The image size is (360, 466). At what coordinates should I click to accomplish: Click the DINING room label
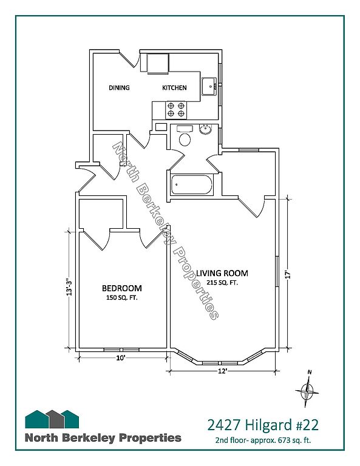click(119, 87)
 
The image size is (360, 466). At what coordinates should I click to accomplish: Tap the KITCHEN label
click(174, 87)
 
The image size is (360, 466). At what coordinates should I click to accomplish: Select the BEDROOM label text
click(122, 288)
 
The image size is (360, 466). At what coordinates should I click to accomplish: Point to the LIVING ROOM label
click(222, 273)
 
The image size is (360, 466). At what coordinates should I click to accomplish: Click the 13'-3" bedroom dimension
click(69, 287)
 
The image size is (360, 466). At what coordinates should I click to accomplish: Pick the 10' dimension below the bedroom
click(120, 358)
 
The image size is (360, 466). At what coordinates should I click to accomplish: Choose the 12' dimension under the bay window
click(222, 371)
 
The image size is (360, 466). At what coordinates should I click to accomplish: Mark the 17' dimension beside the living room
click(287, 274)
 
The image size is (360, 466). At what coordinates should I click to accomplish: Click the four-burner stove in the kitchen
click(175, 109)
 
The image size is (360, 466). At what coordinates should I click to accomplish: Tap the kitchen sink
click(209, 87)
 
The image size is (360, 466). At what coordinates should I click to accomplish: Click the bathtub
click(192, 185)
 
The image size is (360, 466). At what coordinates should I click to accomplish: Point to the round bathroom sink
click(205, 130)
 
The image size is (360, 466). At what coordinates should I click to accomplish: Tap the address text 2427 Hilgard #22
click(263, 425)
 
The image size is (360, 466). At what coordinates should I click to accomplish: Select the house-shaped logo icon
click(52, 419)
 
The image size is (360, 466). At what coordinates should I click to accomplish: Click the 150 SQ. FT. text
click(122, 298)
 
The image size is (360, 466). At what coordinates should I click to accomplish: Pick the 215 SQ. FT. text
click(222, 283)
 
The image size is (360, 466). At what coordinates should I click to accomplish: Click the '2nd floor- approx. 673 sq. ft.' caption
click(263, 441)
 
